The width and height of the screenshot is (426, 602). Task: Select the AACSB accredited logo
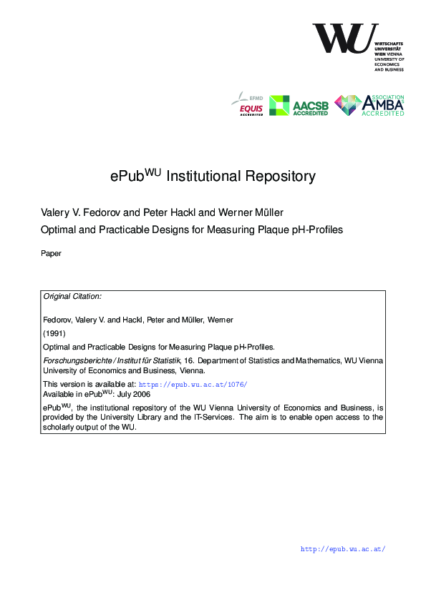pos(299,106)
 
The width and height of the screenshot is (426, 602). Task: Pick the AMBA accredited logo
pos(369,106)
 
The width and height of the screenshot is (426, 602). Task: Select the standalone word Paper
pos(52,252)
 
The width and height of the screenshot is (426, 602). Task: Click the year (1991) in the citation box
pos(54,333)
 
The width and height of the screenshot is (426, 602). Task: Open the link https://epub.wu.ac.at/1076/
pos(193,384)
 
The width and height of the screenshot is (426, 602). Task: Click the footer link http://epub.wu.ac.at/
pos(343,549)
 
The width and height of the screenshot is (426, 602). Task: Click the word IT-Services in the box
pos(213,417)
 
